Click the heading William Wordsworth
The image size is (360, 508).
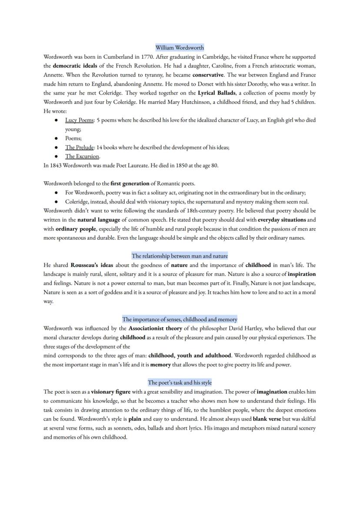click(180, 47)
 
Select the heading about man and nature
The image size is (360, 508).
click(180, 256)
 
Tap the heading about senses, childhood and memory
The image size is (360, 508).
click(180, 319)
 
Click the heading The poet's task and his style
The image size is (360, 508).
click(180, 382)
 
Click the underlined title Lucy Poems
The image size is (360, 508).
click(79, 120)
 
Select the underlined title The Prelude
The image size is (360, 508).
click(79, 147)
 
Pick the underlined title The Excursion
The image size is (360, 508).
click(82, 156)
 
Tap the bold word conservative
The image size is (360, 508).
click(208, 75)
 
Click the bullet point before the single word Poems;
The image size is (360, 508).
click(57, 138)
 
